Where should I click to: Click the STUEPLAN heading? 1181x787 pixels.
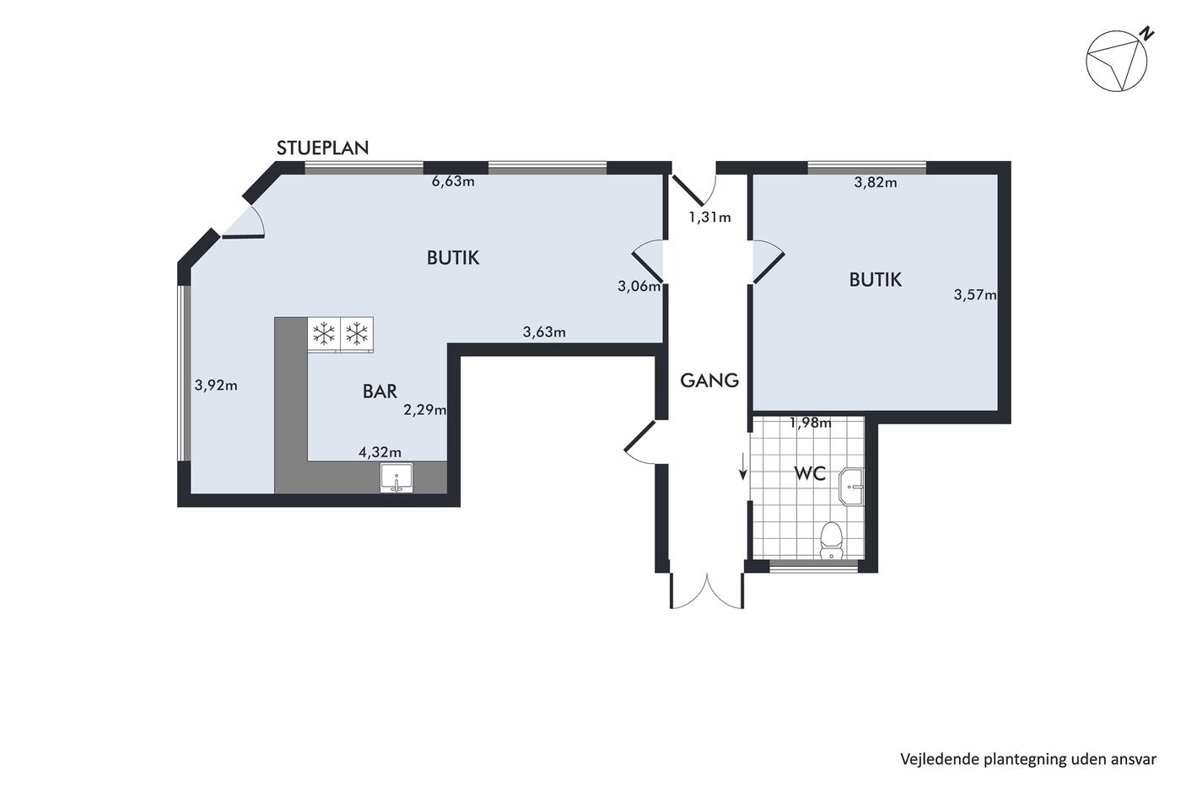(322, 148)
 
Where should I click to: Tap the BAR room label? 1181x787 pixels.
(380, 391)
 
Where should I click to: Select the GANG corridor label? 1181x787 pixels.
(709, 380)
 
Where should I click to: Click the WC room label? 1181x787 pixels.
(810, 474)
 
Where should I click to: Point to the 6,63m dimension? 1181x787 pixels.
(454, 181)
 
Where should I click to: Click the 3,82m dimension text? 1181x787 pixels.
(876, 182)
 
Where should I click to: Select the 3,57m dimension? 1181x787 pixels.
(975, 294)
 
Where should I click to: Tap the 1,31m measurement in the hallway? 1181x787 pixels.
(709, 217)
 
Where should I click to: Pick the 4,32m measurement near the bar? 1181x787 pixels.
(380, 452)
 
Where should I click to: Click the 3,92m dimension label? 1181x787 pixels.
(216, 385)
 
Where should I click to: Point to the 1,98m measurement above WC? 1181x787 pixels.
(811, 423)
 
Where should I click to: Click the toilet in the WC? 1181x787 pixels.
(832, 541)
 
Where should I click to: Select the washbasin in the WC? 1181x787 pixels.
(851, 486)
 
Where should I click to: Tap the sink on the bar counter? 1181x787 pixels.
(396, 478)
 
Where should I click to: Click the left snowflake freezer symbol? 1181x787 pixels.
(324, 333)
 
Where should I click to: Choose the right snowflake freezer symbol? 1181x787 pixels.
(357, 333)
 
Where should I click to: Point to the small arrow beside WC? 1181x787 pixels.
(743, 466)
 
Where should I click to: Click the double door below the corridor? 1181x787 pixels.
(707, 591)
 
